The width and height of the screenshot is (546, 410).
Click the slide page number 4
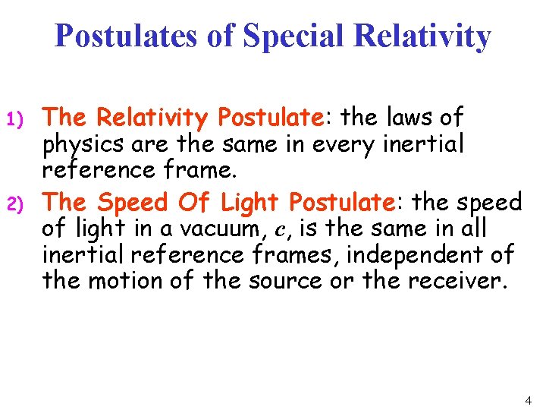pyautogui.click(x=528, y=399)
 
